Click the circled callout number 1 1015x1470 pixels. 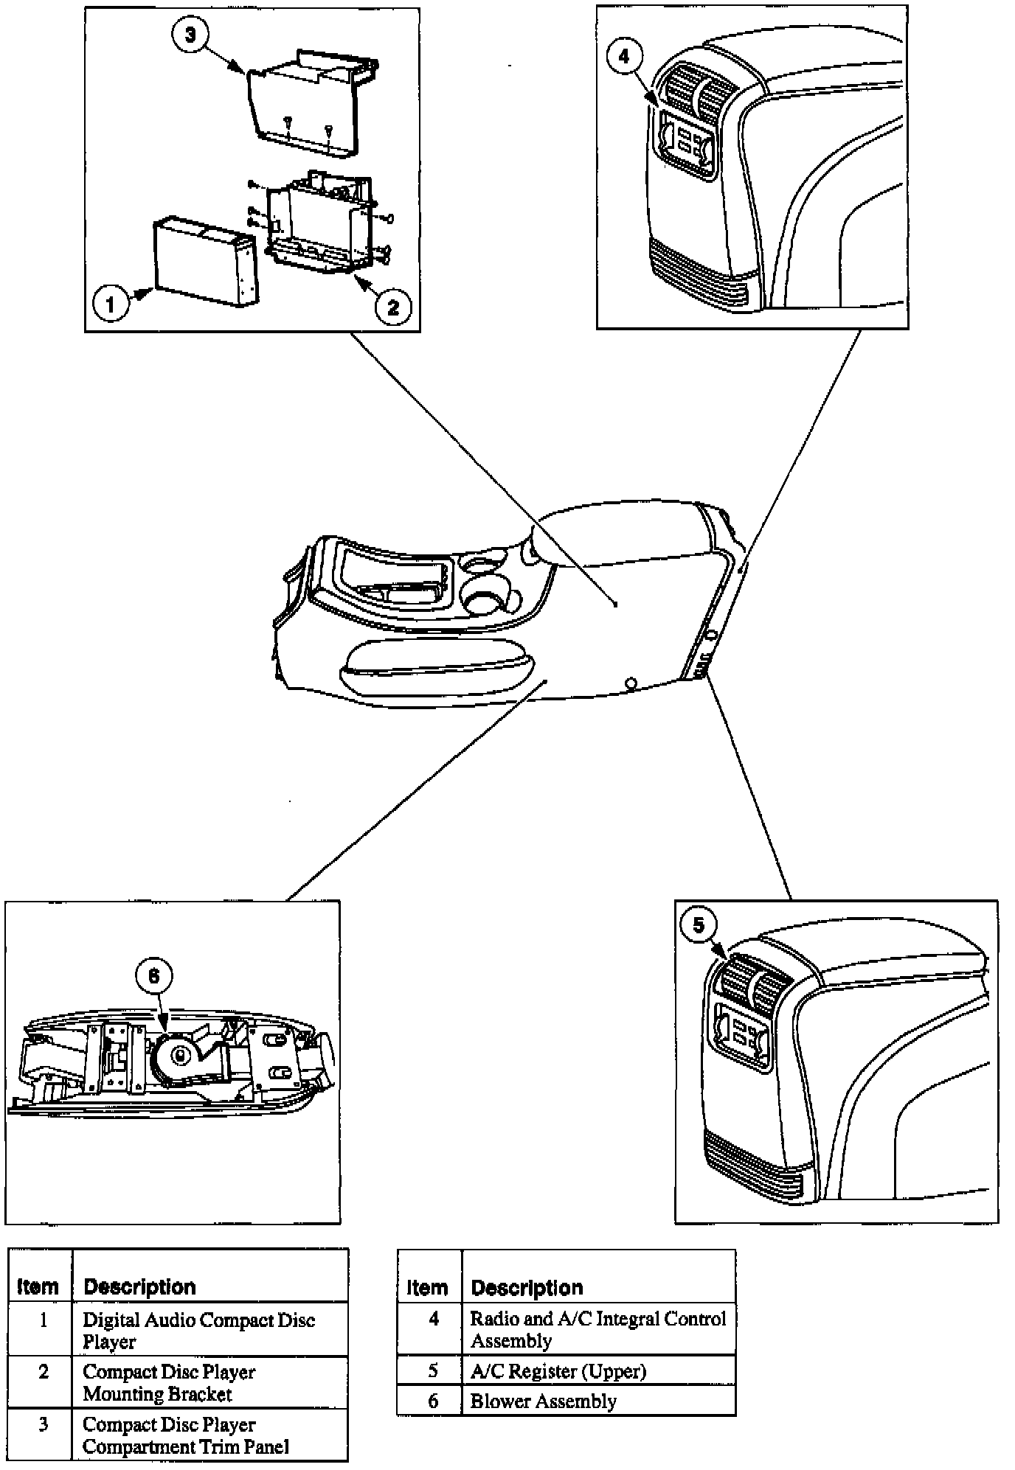coord(111,303)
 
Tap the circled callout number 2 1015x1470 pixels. coord(392,307)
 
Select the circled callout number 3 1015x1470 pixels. coord(191,35)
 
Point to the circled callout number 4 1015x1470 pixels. coord(625,56)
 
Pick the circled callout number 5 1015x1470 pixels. coord(699,924)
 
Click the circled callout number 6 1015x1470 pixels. coord(153,976)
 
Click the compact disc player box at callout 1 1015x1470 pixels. coord(205,262)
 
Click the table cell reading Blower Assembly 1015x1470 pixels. coord(543,1401)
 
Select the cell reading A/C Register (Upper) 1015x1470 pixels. coord(558,1370)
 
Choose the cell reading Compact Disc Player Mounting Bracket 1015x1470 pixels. coord(169,1382)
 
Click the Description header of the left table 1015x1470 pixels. coord(139,1286)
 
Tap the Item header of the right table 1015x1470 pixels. coord(427,1288)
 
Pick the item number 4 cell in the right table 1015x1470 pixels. coord(434,1318)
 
